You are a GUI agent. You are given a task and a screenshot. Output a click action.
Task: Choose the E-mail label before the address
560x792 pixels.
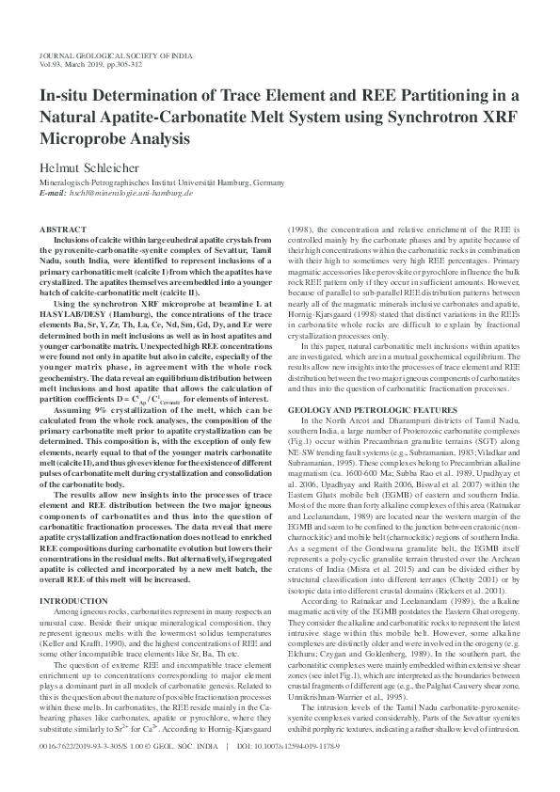tap(53, 192)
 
